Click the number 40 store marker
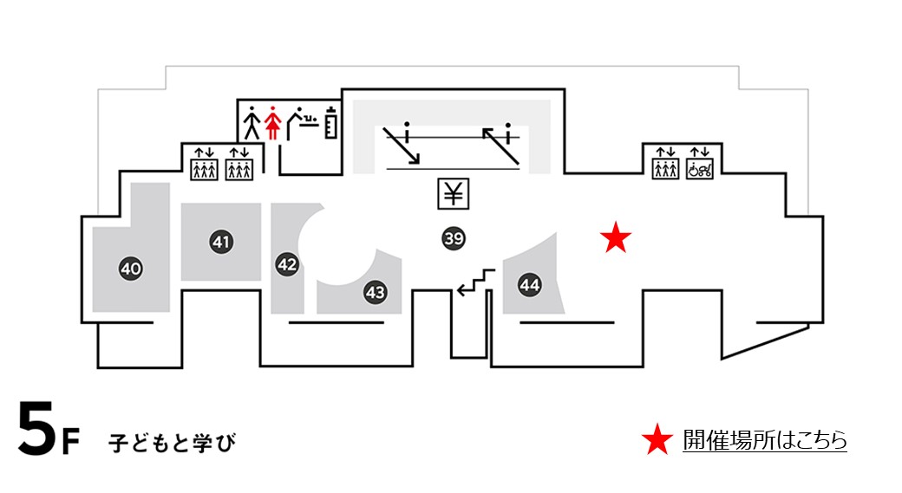(x=131, y=269)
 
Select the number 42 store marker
(x=287, y=265)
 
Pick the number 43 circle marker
(x=375, y=293)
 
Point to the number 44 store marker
(x=529, y=283)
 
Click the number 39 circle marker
(x=453, y=238)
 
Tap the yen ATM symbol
(x=453, y=193)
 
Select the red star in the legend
(x=657, y=441)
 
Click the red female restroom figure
(x=273, y=122)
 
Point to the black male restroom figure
(x=252, y=122)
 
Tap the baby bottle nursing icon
(x=330, y=122)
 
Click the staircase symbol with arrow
(x=476, y=282)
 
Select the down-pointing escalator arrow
(x=402, y=145)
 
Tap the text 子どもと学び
(x=172, y=443)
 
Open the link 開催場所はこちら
(x=764, y=441)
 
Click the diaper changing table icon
(x=301, y=122)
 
